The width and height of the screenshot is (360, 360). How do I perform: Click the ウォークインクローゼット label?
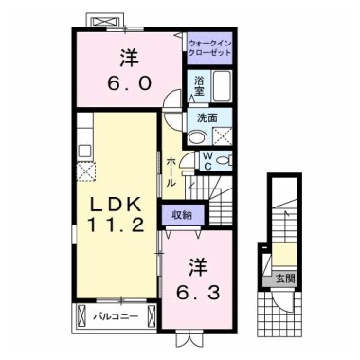coord(209,47)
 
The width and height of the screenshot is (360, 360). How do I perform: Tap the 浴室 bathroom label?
coord(199,86)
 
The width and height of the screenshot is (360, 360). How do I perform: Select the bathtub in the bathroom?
coord(223,85)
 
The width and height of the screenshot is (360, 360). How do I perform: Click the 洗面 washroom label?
coord(207,118)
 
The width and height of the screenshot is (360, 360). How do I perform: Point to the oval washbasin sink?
coord(197,137)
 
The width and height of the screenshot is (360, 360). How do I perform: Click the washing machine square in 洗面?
coord(223,136)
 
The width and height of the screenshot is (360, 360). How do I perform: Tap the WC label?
coord(207,161)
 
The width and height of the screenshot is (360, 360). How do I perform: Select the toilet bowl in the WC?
coord(225,161)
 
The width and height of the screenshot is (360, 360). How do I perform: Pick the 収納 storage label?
coord(182,215)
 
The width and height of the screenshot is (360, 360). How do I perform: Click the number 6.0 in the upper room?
coord(129,83)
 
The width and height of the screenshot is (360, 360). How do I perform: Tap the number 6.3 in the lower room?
coord(198,294)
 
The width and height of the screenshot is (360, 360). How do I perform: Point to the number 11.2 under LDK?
coord(116,225)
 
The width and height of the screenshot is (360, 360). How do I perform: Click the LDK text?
coord(116,206)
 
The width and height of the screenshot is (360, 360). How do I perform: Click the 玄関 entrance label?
coord(285,279)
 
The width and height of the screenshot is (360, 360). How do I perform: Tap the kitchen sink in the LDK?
coord(85,151)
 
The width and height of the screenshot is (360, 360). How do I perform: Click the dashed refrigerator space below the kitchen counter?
coord(86,171)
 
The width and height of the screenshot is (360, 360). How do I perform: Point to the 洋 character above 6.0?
coord(129,58)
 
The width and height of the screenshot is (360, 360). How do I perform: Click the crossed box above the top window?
coord(105,22)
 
